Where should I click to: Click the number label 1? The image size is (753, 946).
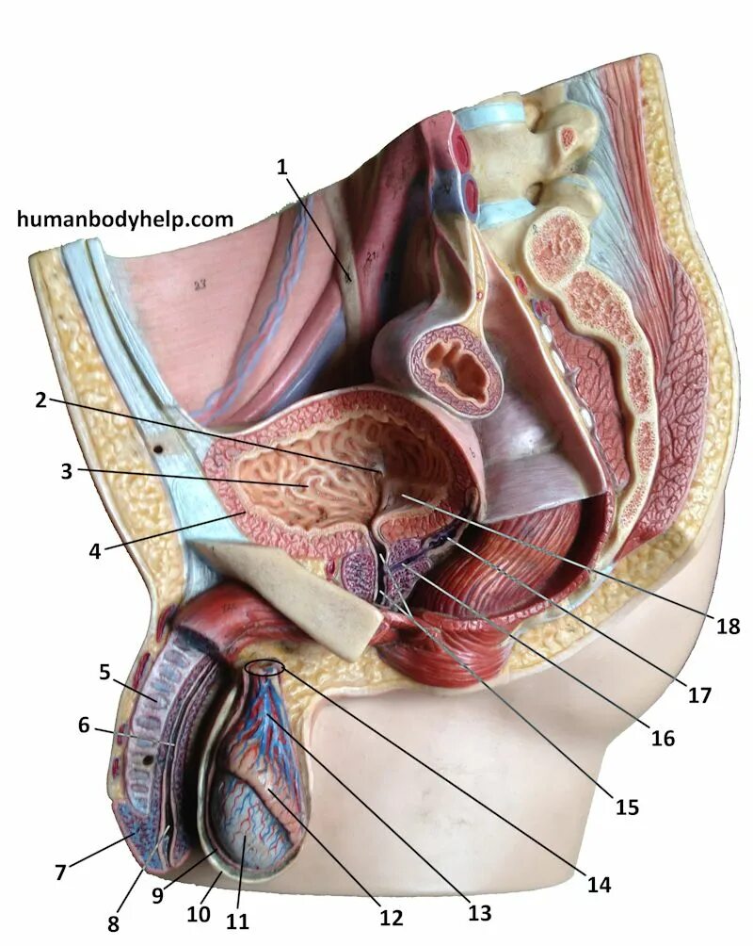click(280, 168)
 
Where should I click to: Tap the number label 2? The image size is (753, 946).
click(40, 400)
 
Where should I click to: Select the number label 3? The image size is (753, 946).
click(66, 471)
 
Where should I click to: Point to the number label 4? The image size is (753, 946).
click(94, 550)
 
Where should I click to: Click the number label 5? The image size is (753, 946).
click(105, 672)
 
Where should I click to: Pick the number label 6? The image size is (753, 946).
click(84, 726)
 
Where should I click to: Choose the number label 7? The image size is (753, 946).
click(60, 872)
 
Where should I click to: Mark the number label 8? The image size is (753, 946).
click(113, 923)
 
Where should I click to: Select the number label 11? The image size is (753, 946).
click(238, 921)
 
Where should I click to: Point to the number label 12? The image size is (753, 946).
click(391, 917)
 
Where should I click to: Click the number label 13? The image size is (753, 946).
click(479, 912)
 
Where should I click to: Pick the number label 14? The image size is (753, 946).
click(599, 884)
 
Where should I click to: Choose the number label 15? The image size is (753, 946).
click(627, 807)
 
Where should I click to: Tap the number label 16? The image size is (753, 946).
click(663, 738)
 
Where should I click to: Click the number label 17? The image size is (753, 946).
click(699, 695)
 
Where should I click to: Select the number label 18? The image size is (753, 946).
click(729, 626)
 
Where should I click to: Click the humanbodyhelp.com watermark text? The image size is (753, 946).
click(125, 220)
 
